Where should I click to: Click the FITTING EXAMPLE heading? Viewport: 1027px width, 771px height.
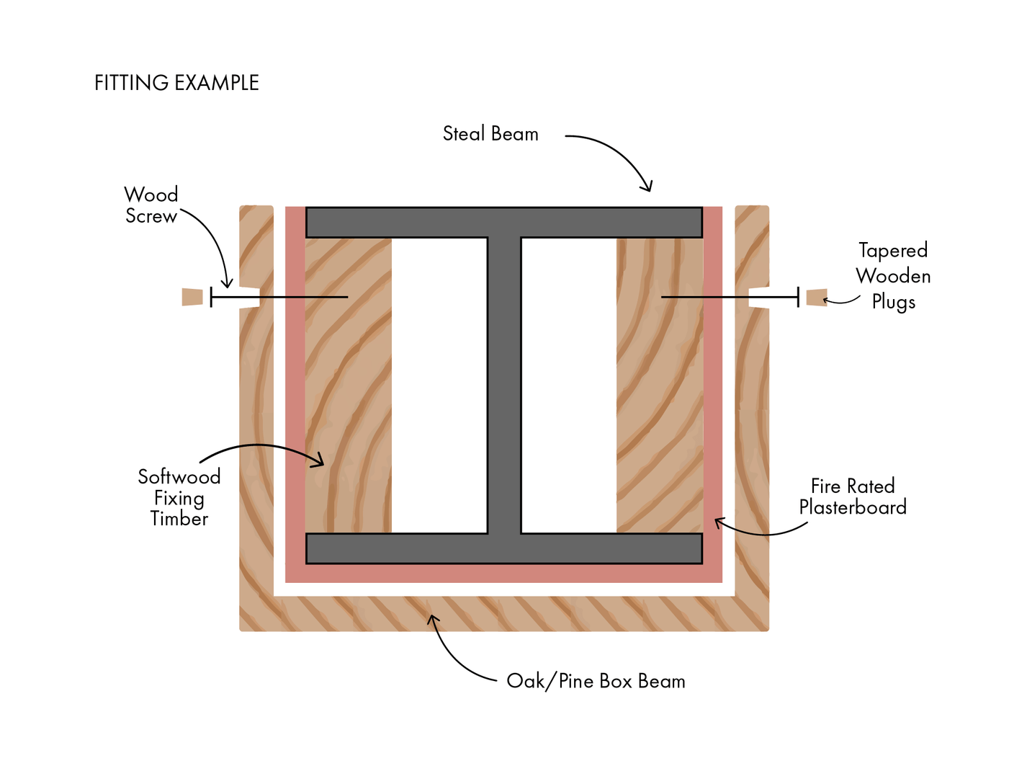tap(176, 83)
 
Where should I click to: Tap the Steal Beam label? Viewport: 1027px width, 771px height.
tap(490, 134)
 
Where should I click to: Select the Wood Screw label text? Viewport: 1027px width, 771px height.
tap(151, 205)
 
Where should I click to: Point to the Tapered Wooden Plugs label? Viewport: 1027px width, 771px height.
tap(893, 276)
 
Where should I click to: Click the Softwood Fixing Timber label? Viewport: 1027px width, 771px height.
tap(179, 498)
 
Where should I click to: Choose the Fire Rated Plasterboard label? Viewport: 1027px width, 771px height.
tap(853, 496)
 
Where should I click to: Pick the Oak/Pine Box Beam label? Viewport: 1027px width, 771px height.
tap(596, 681)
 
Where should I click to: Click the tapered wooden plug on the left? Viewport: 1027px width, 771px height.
tap(192, 297)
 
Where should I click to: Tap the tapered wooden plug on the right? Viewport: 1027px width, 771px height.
tap(817, 297)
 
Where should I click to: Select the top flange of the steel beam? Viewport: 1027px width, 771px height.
tap(504, 222)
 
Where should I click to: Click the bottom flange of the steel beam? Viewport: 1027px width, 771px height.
tap(504, 548)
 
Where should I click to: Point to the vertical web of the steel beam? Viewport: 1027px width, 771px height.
tap(504, 385)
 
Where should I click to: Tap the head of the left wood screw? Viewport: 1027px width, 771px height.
tap(211, 297)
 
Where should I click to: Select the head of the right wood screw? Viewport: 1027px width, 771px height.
tap(798, 297)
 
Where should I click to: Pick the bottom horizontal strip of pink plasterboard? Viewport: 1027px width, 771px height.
tap(504, 573)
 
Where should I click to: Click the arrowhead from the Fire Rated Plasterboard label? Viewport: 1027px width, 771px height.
tap(717, 521)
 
